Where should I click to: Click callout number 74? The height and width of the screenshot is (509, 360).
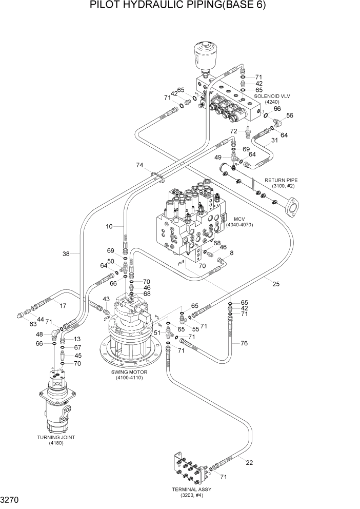coord(139,165)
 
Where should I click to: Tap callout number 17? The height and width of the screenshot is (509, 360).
coord(63,306)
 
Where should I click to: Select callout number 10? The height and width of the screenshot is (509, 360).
coord(109,226)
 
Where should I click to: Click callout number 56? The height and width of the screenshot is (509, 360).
coord(290,116)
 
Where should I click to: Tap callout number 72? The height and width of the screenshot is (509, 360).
coord(234,132)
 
